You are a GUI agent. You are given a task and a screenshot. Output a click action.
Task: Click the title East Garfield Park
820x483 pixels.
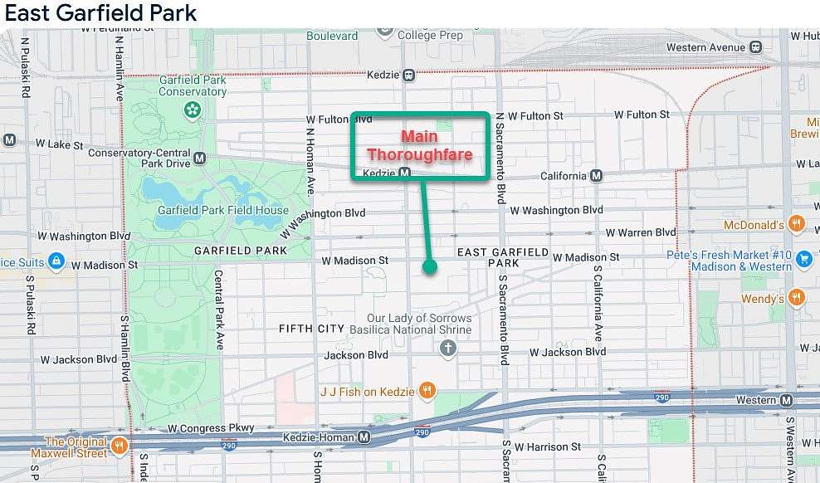click(x=100, y=13)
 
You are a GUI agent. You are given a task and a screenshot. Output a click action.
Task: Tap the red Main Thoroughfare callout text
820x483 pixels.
click(x=419, y=145)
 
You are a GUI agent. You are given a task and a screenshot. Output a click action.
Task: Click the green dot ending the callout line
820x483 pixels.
click(x=429, y=266)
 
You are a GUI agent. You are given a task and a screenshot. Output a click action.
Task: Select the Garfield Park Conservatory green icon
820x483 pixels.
click(x=193, y=109)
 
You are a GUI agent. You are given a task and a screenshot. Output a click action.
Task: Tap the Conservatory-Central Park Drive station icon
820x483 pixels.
click(x=199, y=158)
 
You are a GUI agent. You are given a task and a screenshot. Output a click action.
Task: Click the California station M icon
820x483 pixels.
click(x=597, y=176)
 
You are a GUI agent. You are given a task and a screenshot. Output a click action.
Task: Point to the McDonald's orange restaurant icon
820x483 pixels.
click(x=796, y=224)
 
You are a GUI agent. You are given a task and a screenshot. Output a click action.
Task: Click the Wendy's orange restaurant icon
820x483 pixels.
click(x=796, y=298)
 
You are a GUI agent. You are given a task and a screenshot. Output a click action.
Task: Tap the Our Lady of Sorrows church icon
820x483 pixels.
click(x=448, y=348)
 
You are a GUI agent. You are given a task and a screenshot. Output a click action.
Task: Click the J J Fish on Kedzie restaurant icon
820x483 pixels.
click(x=427, y=391)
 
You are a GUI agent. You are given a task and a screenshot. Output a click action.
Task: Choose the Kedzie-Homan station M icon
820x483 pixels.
click(x=364, y=437)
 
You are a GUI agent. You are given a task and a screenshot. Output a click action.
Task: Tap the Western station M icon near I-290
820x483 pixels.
click(x=787, y=401)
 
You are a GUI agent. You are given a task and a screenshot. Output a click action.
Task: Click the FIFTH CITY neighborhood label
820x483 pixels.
click(x=311, y=329)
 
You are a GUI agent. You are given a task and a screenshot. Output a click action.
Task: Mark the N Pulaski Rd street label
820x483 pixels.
click(x=26, y=67)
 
